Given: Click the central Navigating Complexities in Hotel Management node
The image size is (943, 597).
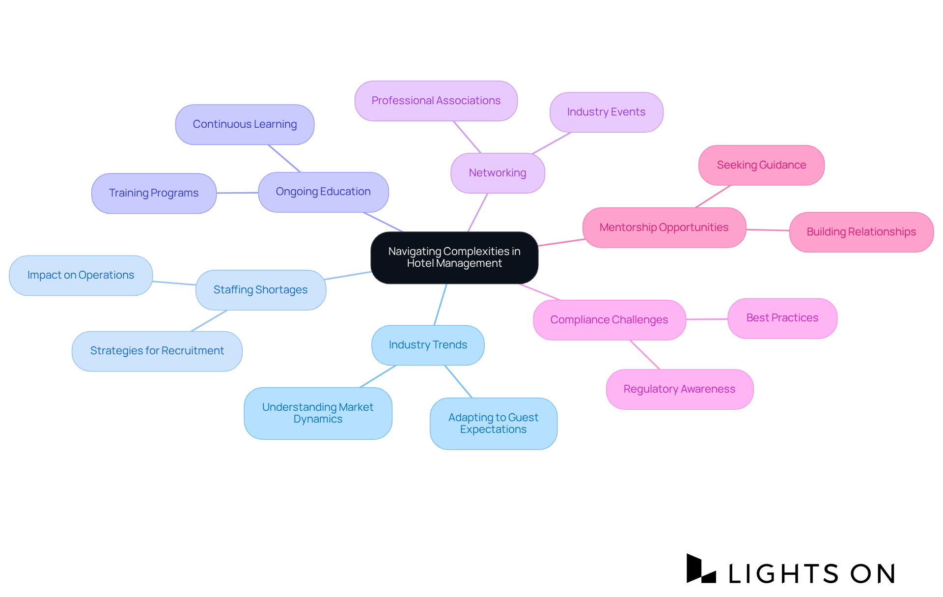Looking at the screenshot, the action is [x=454, y=257].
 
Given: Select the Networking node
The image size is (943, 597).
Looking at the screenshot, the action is [x=498, y=173].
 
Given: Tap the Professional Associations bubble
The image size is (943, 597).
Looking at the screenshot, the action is [x=436, y=101].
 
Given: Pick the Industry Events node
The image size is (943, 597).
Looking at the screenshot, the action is [x=606, y=112].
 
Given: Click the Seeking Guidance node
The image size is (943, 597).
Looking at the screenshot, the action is [x=761, y=165].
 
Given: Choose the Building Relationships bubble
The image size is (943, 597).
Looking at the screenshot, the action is [x=861, y=232].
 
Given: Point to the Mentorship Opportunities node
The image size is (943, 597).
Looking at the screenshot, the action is [x=664, y=227].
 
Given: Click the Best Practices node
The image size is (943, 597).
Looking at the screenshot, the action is [x=782, y=318].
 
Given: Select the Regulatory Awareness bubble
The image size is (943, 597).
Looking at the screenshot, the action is [x=679, y=389].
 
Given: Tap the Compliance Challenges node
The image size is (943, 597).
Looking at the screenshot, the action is [x=609, y=320].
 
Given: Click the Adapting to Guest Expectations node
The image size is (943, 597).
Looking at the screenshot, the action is [x=493, y=424].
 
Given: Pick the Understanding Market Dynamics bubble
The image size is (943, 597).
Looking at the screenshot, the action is [x=318, y=413].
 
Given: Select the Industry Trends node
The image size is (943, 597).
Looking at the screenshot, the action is [x=428, y=345].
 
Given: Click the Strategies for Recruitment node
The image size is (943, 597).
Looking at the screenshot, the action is [x=157, y=351].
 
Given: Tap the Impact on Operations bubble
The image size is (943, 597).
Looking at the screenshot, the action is [x=81, y=275].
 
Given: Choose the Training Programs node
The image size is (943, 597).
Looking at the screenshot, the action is [x=154, y=193].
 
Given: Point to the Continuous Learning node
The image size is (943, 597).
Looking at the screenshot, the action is [x=245, y=124].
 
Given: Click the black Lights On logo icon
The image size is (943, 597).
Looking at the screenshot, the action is [x=701, y=569].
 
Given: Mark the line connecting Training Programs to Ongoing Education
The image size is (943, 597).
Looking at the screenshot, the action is [x=237, y=193].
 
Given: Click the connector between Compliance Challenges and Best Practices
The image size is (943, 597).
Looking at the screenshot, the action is [x=707, y=319].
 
